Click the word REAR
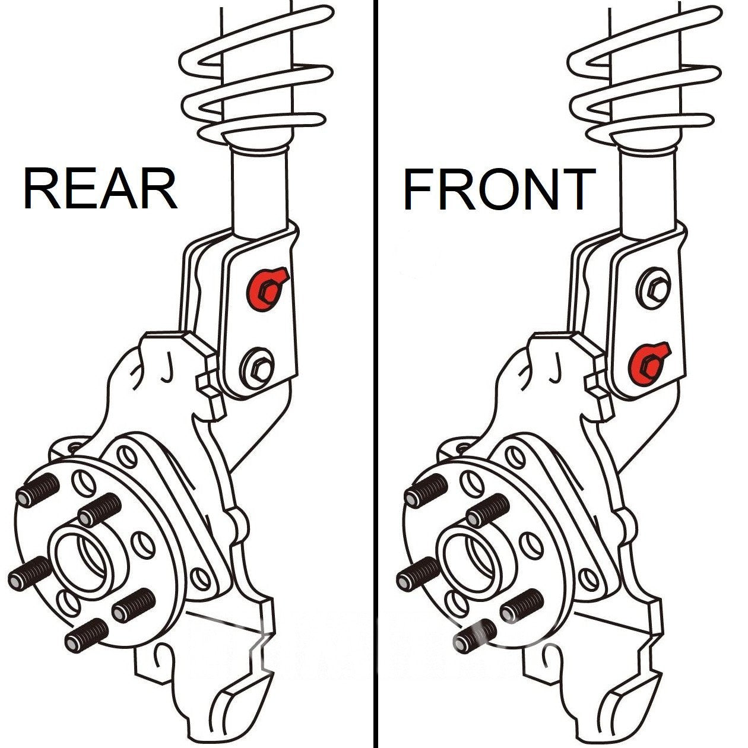pyautogui.click(x=100, y=189)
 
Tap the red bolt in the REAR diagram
pyautogui.click(x=265, y=287)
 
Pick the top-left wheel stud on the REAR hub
pyautogui.click(x=39, y=488)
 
